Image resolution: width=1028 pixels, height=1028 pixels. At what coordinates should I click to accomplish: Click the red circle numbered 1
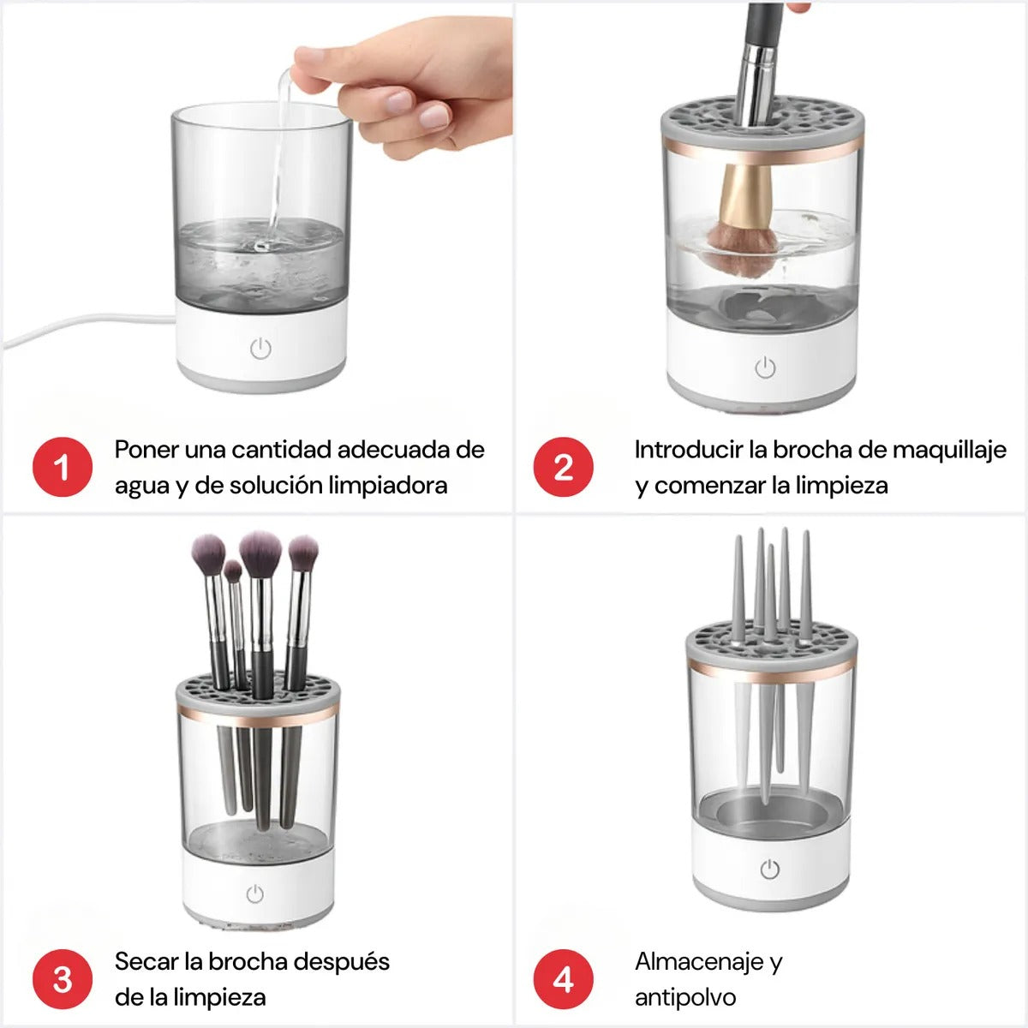pyautogui.click(x=62, y=468)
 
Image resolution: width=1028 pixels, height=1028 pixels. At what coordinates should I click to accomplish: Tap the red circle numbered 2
pyautogui.click(x=563, y=468)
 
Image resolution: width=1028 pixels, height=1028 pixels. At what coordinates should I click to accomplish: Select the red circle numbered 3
pyautogui.click(x=62, y=979)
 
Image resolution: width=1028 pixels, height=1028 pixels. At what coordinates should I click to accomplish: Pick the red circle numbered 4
pyautogui.click(x=563, y=979)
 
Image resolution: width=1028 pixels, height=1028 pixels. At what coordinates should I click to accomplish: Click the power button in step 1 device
pyautogui.click(x=260, y=349)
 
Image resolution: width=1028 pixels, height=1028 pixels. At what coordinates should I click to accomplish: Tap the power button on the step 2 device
pyautogui.click(x=765, y=368)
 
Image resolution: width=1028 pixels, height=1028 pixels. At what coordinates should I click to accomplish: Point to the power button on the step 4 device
pyautogui.click(x=770, y=870)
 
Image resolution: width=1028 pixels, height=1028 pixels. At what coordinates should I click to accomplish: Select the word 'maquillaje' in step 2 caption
pyautogui.click(x=948, y=451)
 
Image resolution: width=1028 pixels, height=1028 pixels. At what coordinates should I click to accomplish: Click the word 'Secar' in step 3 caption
pyautogui.click(x=147, y=961)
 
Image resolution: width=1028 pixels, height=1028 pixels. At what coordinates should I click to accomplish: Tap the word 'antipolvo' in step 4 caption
pyautogui.click(x=685, y=997)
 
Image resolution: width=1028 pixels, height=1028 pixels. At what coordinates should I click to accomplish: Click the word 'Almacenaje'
pyautogui.click(x=699, y=961)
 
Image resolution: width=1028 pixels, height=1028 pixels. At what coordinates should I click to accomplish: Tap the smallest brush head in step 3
pyautogui.click(x=233, y=571)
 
